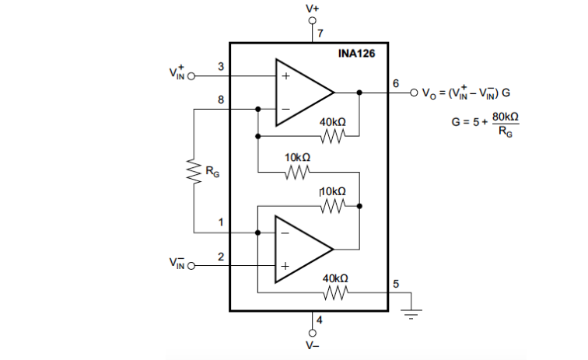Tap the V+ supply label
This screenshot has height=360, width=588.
pyautogui.click(x=313, y=9)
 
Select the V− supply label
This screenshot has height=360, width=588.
pyautogui.click(x=313, y=345)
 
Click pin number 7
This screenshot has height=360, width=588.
pyautogui.click(x=319, y=33)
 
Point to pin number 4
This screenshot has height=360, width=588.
pyautogui.click(x=319, y=320)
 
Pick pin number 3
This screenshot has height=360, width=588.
pyautogui.click(x=221, y=67)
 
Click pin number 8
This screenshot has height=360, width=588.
pyautogui.click(x=221, y=100)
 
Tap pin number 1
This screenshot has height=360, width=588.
pyautogui.click(x=221, y=222)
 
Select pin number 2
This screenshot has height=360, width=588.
pyautogui.click(x=221, y=256)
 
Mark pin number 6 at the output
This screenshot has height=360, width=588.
pyautogui.click(x=395, y=83)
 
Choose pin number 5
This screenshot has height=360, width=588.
pyautogui.click(x=395, y=284)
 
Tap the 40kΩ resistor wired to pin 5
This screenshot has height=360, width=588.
pyautogui.click(x=334, y=293)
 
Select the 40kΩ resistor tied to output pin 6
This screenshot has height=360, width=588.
pyautogui.click(x=333, y=137)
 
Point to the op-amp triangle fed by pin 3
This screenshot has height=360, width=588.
pyautogui.click(x=299, y=93)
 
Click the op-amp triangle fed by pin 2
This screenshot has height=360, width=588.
pyautogui.click(x=299, y=249)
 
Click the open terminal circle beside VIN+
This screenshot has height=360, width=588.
pyautogui.click(x=190, y=77)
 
